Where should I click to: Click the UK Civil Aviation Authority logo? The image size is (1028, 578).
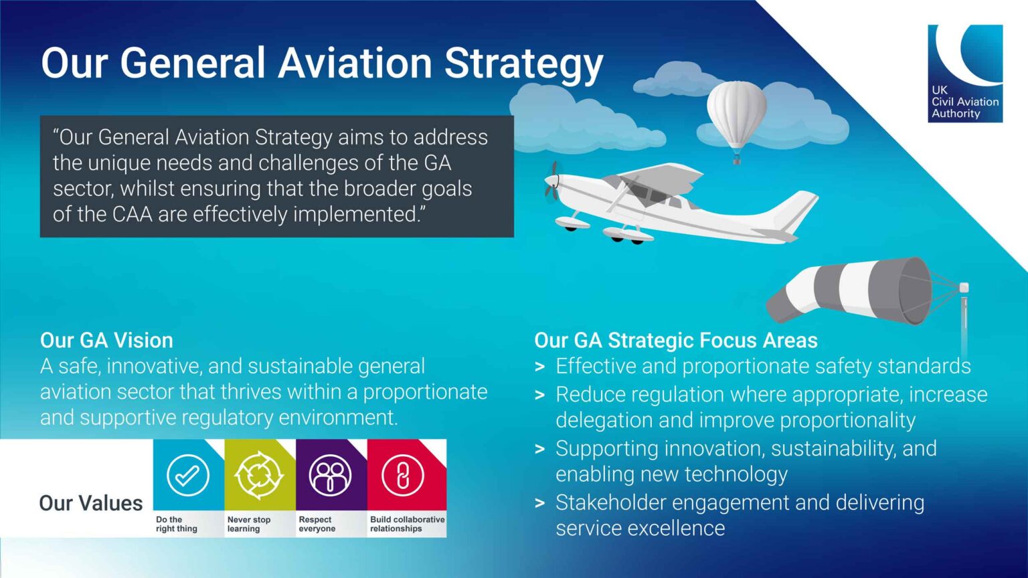[x=964, y=74]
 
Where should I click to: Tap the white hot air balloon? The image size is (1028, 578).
[x=736, y=114]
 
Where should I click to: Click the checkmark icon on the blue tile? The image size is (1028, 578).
[x=187, y=475]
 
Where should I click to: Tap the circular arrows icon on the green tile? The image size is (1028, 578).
[x=259, y=475]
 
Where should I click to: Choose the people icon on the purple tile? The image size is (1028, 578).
[x=330, y=475]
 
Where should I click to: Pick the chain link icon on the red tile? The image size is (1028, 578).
[x=402, y=475]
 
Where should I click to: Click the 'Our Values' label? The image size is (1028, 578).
[x=91, y=503]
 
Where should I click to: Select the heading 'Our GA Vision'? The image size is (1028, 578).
[x=106, y=341]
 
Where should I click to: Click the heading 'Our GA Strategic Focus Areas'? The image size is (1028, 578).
[x=675, y=341]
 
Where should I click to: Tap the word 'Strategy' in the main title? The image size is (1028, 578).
[x=523, y=64]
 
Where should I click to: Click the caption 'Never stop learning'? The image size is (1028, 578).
[x=249, y=524]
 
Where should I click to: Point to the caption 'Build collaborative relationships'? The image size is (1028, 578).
[x=407, y=524]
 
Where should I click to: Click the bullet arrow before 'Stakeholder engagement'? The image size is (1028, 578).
[x=540, y=503]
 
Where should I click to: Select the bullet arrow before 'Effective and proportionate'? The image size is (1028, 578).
[x=540, y=367]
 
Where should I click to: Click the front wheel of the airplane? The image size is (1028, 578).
[x=571, y=226]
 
